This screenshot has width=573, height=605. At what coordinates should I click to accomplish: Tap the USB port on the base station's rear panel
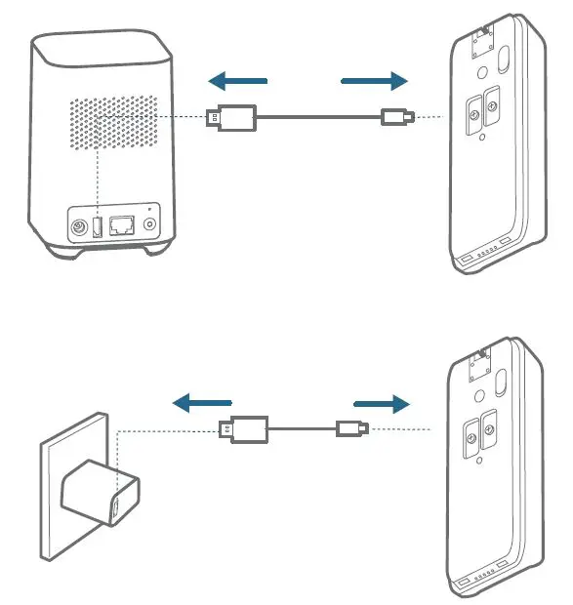coord(97,228)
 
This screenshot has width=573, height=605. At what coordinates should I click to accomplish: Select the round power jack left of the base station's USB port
coord(76,228)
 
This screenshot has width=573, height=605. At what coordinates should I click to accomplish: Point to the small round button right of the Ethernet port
coord(149,224)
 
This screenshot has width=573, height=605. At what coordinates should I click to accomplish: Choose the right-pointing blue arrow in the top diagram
coord(375,80)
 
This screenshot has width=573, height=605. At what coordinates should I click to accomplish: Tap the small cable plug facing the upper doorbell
coord(396,119)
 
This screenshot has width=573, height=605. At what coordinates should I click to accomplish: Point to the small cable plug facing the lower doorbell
coord(350,428)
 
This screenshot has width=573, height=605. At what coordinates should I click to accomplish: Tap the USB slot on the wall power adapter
coord(115,507)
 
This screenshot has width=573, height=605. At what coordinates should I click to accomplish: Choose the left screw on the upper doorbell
coord(473,114)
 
